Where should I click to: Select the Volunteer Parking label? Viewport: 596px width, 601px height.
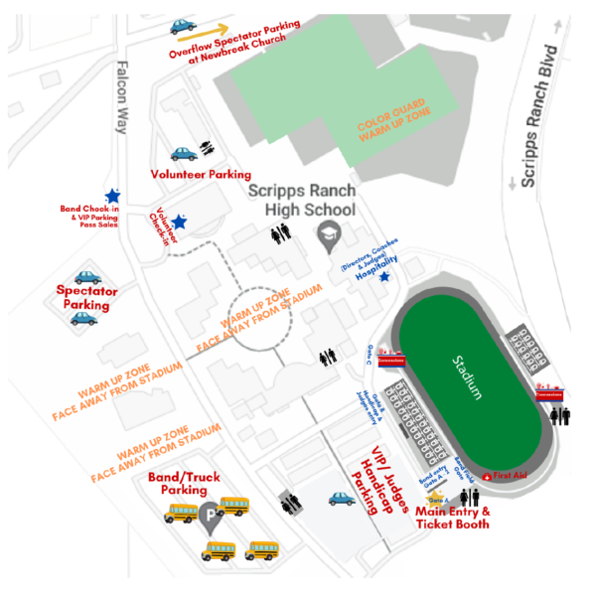(201, 175)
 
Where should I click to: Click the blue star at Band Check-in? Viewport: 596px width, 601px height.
(113, 197)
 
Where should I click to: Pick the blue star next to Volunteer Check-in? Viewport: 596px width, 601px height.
(179, 222)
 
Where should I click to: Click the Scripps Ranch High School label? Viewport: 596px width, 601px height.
(301, 201)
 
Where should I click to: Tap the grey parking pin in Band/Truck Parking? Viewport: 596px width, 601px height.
(210, 515)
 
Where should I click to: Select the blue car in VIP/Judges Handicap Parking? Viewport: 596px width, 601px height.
(342, 499)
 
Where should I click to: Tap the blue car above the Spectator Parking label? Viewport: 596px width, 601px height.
(87, 278)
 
